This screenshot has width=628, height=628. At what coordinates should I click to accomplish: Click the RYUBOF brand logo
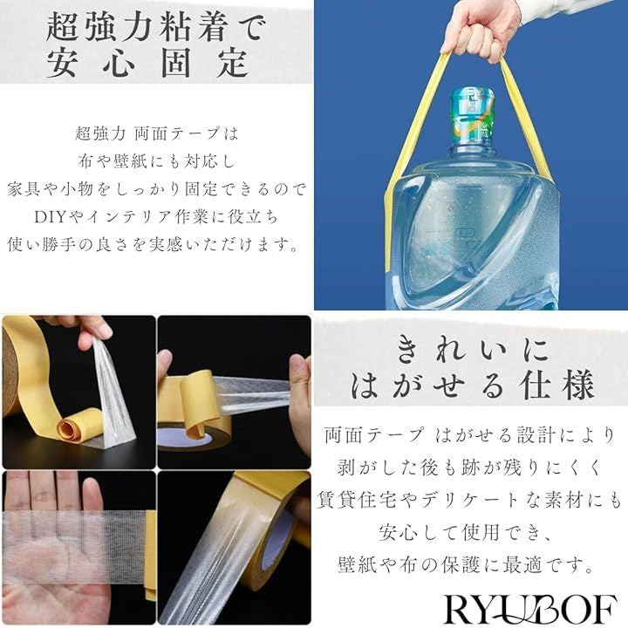pyautogui.click(x=530, y=609)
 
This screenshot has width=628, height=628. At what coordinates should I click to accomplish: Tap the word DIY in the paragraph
pyautogui.click(x=50, y=216)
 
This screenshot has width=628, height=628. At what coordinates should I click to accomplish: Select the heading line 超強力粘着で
pyautogui.click(x=156, y=27)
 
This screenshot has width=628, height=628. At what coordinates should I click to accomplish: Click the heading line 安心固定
pyautogui.click(x=147, y=63)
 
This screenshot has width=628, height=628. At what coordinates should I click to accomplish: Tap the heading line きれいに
pyautogui.click(x=472, y=350)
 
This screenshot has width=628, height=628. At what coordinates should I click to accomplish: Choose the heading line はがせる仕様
pyautogui.click(x=472, y=386)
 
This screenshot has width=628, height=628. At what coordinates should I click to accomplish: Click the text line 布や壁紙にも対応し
pyautogui.click(x=156, y=161)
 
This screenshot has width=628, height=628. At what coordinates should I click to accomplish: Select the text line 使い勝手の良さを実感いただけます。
pyautogui.click(x=154, y=244)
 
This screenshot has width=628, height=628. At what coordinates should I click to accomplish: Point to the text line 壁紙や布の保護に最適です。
pyautogui.click(x=466, y=564)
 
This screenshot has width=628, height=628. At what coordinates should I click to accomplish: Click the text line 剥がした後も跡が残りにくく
pyautogui.click(x=468, y=468)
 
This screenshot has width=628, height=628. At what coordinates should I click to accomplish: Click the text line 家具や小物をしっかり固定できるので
pyautogui.click(x=156, y=189)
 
